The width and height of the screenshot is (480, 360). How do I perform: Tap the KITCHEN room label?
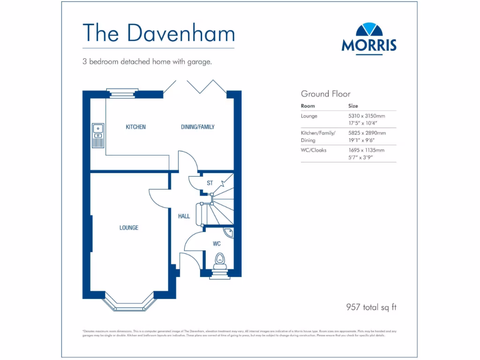pyautogui.click(x=135, y=127)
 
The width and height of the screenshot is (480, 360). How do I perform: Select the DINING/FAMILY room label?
pyautogui.click(x=198, y=127)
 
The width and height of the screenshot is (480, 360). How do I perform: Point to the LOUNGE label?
pyautogui.click(x=128, y=228)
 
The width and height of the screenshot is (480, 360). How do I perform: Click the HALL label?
pyautogui.click(x=184, y=216)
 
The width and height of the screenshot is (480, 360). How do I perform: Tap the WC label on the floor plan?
pyautogui.click(x=217, y=244)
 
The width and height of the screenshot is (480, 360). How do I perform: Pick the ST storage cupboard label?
pyautogui.click(x=210, y=183)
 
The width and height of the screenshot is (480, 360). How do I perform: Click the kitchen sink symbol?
pyautogui.click(x=98, y=135)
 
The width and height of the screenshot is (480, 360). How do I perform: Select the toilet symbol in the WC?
pyautogui.click(x=219, y=261)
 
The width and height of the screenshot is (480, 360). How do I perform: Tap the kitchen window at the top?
pyautogui.click(x=122, y=92)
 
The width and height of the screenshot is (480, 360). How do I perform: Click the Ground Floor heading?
pyautogui.click(x=325, y=94)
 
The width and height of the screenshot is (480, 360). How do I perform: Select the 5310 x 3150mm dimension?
pyautogui.click(x=366, y=116)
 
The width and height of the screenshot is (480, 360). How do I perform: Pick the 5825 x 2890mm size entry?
pyautogui.click(x=367, y=133)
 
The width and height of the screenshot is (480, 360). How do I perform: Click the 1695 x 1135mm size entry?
pyautogui.click(x=366, y=150)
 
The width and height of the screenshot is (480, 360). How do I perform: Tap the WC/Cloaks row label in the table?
pyautogui.click(x=314, y=150)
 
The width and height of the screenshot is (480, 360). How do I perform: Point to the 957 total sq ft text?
pyautogui.click(x=371, y=307)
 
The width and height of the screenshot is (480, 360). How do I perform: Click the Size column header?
pyautogui.click(x=353, y=106)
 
